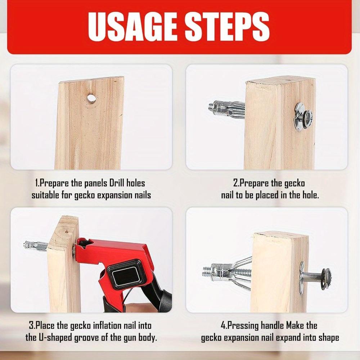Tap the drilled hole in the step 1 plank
pos(91,98)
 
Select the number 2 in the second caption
pos(236,183)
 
